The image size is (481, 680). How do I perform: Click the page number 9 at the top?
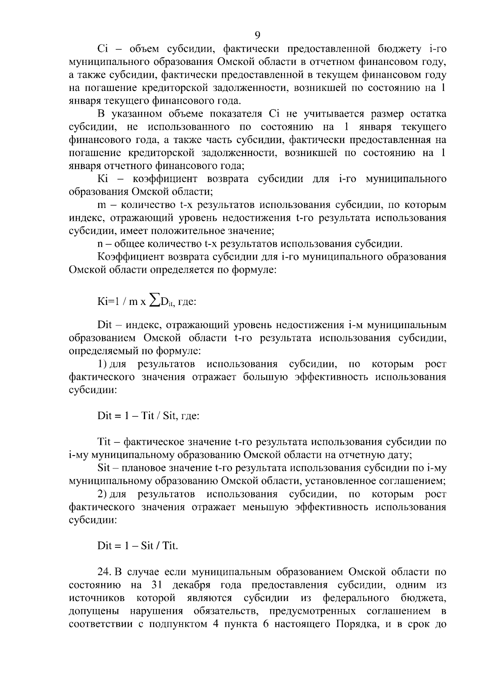(257, 35)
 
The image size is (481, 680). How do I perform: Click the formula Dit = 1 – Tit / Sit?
(137, 416)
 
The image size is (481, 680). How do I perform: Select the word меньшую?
(265, 507)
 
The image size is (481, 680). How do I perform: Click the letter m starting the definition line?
(101, 205)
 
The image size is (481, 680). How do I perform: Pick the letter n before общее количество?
(100, 244)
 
